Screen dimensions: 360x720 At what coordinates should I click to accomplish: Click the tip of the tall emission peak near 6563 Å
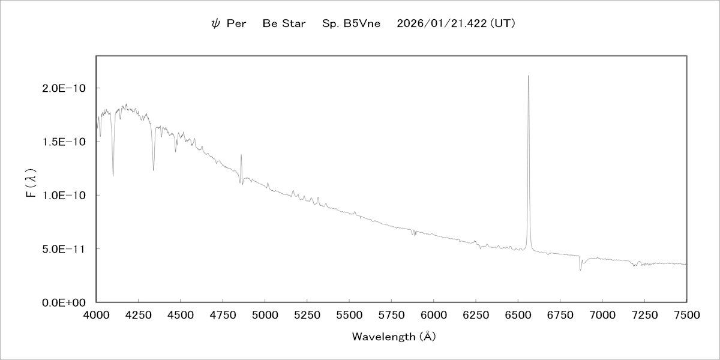pos(529,76)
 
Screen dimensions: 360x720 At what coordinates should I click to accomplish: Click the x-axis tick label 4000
pos(97,314)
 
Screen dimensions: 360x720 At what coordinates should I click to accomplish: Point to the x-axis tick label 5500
pos(349,314)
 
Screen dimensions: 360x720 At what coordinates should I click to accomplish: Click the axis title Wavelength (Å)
pos(394,337)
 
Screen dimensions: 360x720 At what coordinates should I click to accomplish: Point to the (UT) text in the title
pos(503,25)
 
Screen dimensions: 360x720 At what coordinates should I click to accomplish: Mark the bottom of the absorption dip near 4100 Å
pos(113,176)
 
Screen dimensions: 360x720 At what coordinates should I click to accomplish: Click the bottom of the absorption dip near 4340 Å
pos(154,170)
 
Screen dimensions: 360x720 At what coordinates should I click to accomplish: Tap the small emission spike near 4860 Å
pos(241,155)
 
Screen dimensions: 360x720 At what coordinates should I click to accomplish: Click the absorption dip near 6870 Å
pos(580,270)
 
